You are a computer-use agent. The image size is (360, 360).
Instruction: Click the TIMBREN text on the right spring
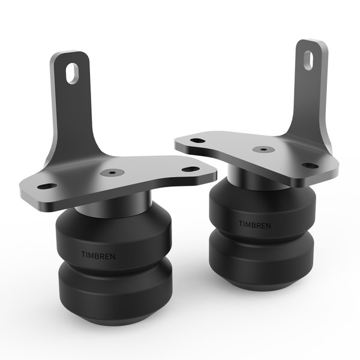pos(254,224)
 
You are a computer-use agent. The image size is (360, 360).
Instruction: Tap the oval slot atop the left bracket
pos(72,73)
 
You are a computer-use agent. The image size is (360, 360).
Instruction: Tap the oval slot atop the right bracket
pos(307,59)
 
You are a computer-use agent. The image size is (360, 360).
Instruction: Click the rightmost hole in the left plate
pos(190,169)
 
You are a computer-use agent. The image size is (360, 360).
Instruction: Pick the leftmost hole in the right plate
pos(197,141)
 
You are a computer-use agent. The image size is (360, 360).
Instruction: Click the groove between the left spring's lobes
pos(114,268)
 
